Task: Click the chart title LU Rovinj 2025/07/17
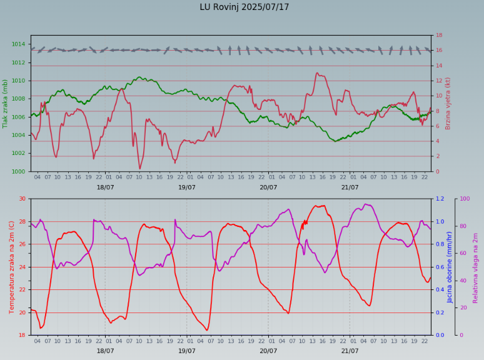point(245,7)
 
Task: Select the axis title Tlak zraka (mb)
point(6,104)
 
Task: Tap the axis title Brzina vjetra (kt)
point(448,103)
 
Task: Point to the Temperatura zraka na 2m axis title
point(12,267)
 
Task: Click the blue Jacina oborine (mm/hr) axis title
point(450,267)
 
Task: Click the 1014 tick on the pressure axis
point(18,44)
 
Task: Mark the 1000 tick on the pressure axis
point(18,172)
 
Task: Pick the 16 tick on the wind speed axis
point(439,51)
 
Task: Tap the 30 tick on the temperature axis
point(22,199)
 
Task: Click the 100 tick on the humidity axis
point(465,199)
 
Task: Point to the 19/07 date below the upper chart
point(187,187)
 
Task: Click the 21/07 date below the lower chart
point(350,351)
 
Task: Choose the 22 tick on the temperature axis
point(22,290)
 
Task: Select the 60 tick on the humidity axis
point(463,253)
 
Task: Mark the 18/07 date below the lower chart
point(105,351)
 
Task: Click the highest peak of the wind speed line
point(317,73)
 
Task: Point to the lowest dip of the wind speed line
point(139,169)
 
